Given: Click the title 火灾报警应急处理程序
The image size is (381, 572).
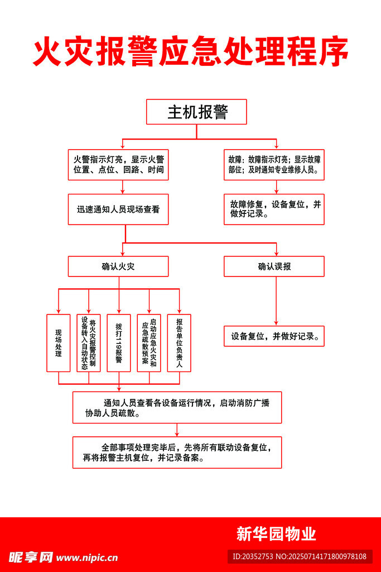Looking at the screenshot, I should click(190, 53).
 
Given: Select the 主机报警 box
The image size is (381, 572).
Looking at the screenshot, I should click(196, 112).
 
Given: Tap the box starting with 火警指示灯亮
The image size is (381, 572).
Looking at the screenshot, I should click(118, 164).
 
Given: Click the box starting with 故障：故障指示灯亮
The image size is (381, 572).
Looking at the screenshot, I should click(274, 164).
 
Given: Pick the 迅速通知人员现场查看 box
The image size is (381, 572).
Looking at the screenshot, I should click(118, 209).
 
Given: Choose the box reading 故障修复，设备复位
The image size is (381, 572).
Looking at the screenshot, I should click(274, 209).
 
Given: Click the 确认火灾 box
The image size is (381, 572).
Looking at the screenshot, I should click(118, 266).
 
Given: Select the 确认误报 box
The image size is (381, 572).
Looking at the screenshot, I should click(274, 266).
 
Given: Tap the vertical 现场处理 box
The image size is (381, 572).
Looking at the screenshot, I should click(58, 343).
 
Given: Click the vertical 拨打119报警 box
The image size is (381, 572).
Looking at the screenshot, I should click(118, 343).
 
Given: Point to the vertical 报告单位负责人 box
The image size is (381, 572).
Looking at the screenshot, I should click(179, 343).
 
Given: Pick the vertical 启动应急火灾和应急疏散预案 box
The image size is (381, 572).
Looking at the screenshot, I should click(149, 343).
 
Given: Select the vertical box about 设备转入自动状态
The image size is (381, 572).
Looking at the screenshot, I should click(89, 343).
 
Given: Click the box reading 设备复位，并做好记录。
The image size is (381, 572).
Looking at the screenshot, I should click(274, 336).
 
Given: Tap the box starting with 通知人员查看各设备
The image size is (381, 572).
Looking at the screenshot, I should click(177, 407).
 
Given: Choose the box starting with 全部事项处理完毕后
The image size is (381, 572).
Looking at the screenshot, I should click(177, 452).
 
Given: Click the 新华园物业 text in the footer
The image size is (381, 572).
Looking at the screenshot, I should click(276, 534).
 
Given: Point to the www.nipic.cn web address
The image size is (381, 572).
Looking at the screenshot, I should click(87, 557).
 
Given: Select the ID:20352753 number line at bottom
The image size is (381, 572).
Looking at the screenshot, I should click(300, 556).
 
